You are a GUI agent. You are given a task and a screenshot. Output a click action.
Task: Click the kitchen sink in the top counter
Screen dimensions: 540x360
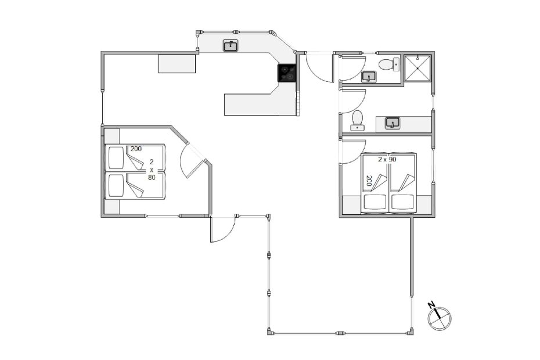pos(231,46)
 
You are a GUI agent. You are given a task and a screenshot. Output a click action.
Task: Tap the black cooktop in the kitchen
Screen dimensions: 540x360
pos(286,73)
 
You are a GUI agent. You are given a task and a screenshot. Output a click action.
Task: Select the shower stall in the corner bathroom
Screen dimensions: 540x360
pos(417,68)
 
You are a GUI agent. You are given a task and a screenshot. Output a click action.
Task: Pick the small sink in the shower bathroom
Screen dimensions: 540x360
pos(369,77)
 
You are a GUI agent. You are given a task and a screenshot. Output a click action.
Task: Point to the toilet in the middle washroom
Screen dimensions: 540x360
pos(357,121)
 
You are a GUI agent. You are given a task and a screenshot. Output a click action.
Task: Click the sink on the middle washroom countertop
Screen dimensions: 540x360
pos(393,123)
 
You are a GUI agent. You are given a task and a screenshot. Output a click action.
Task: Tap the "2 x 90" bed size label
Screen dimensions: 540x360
pos(387,160)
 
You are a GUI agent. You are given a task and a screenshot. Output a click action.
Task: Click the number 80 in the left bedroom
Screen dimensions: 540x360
pos(152,178)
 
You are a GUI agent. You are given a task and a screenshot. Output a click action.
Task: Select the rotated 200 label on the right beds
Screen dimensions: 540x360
pos(369,181)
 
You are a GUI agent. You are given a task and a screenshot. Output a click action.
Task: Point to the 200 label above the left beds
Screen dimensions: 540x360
pos(136,149)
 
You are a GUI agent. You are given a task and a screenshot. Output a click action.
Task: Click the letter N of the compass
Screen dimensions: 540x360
pos(431,305)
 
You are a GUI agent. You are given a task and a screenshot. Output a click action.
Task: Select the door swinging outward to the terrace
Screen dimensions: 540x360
pos(222,229)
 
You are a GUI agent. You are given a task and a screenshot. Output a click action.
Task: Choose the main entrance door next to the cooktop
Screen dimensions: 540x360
pos(319,67)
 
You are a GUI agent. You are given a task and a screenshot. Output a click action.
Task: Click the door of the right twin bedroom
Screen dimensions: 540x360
pos(352,152)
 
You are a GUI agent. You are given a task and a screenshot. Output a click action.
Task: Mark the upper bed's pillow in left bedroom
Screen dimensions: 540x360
pos(116,158)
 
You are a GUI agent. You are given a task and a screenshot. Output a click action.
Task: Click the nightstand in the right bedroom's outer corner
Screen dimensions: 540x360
pos(424,204)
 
